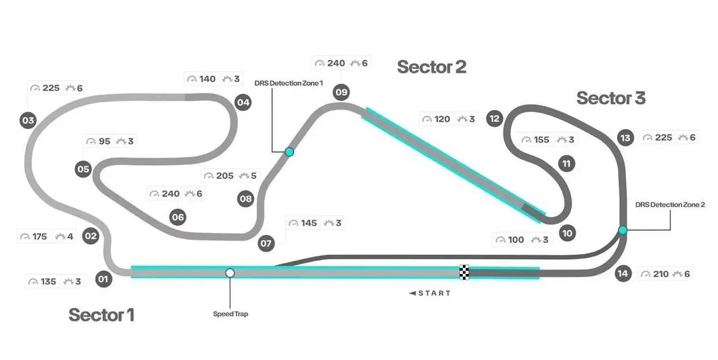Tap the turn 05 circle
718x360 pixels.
coord(84,169)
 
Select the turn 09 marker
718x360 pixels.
coord(341,92)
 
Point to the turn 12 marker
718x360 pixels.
coord(494,119)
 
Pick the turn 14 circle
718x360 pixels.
coord(623,274)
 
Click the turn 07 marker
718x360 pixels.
coord(266,243)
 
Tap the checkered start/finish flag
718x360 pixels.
coord(464,272)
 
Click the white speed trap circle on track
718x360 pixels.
coord(230,272)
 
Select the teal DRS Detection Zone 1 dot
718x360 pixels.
coord(289,152)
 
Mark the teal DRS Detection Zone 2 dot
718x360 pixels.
coord(623,230)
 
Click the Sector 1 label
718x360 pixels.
coord(101,315)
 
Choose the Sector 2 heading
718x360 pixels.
coord(431,67)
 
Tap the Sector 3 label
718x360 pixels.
coord(611,99)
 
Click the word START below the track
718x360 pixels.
coord(434,293)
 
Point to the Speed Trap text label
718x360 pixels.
coord(230,314)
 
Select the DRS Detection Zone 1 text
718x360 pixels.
coord(289,83)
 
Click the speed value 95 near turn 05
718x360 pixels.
coord(104,141)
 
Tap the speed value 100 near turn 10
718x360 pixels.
coord(516,239)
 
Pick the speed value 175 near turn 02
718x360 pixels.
coord(39,237)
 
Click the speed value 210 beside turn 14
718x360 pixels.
coord(661,274)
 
